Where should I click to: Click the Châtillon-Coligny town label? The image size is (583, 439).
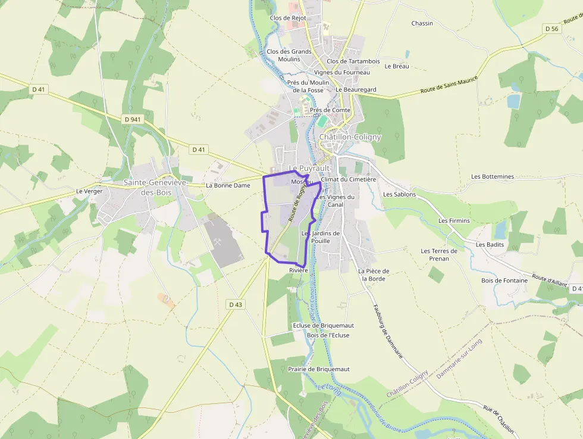click(350, 137)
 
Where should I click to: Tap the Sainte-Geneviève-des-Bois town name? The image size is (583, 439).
click(155, 187)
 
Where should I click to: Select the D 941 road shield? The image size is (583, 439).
click(133, 119)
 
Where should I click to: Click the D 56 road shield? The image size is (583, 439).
click(551, 29)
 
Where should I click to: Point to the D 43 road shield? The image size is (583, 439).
click(236, 304)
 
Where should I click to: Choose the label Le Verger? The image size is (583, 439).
click(89, 191)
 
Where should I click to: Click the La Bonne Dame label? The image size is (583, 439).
click(228, 185)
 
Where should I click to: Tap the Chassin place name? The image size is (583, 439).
click(422, 23)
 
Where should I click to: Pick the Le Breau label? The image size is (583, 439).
click(397, 66)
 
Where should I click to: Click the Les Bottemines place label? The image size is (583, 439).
click(492, 177)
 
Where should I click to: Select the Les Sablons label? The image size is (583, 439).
click(399, 194)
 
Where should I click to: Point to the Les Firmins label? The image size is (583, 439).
click(454, 220)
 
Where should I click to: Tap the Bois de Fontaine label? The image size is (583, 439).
click(504, 281)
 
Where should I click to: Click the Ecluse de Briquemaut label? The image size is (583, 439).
click(323, 325)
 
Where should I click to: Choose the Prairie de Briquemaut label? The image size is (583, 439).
click(318, 369)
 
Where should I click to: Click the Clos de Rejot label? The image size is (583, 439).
click(288, 18)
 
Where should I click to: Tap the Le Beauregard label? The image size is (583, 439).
click(356, 89)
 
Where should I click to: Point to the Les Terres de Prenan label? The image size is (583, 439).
click(439, 255)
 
